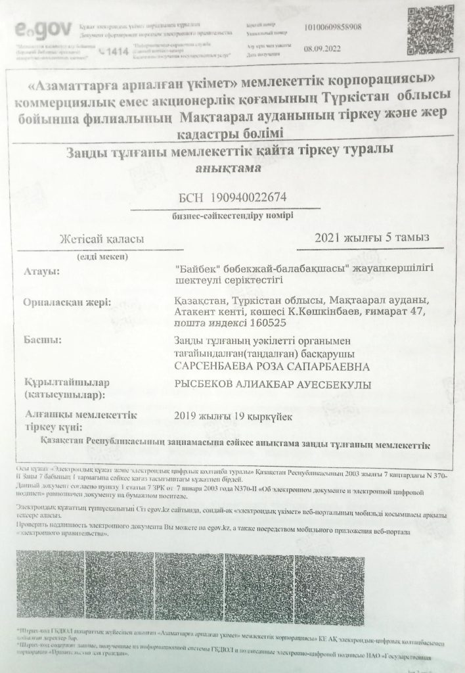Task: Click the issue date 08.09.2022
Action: [320, 48]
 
